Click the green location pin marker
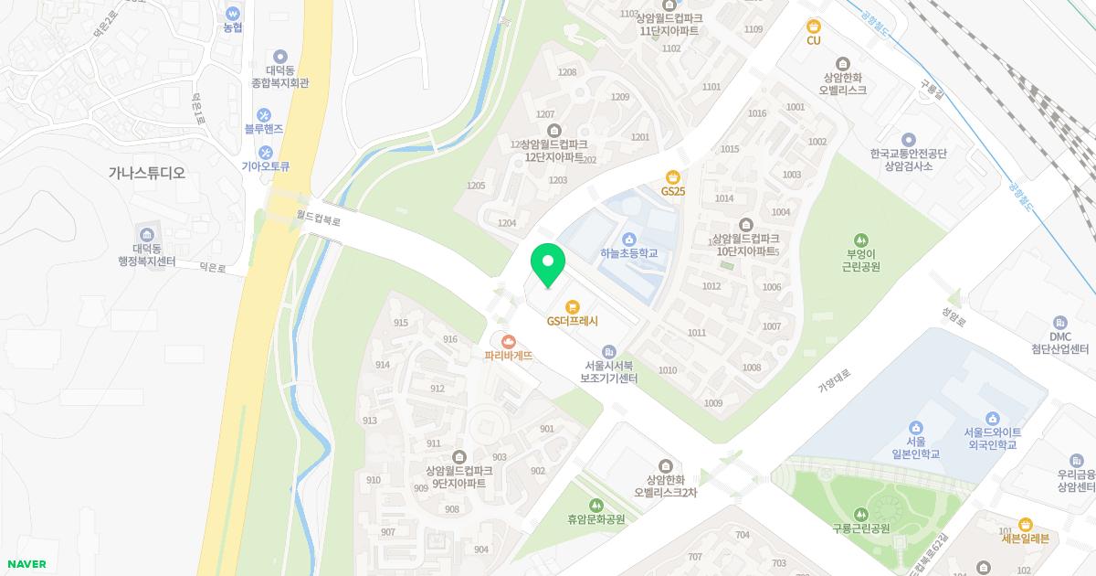click(x=548, y=265)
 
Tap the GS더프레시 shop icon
click(x=573, y=306)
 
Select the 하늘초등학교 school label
click(x=629, y=253)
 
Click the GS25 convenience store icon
click(x=673, y=176)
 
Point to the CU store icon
click(x=813, y=26)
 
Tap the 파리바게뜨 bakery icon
click(x=509, y=341)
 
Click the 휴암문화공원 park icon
click(x=596, y=505)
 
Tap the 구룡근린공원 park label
click(x=859, y=528)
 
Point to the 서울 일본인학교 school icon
click(x=915, y=428)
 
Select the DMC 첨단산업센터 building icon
click(x=1059, y=323)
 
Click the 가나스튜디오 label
click(x=146, y=172)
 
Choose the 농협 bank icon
click(x=234, y=14)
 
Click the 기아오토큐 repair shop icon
click(x=265, y=152)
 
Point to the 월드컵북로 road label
click(x=319, y=219)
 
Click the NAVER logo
click(x=26, y=564)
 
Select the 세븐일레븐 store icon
click(x=1025, y=524)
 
